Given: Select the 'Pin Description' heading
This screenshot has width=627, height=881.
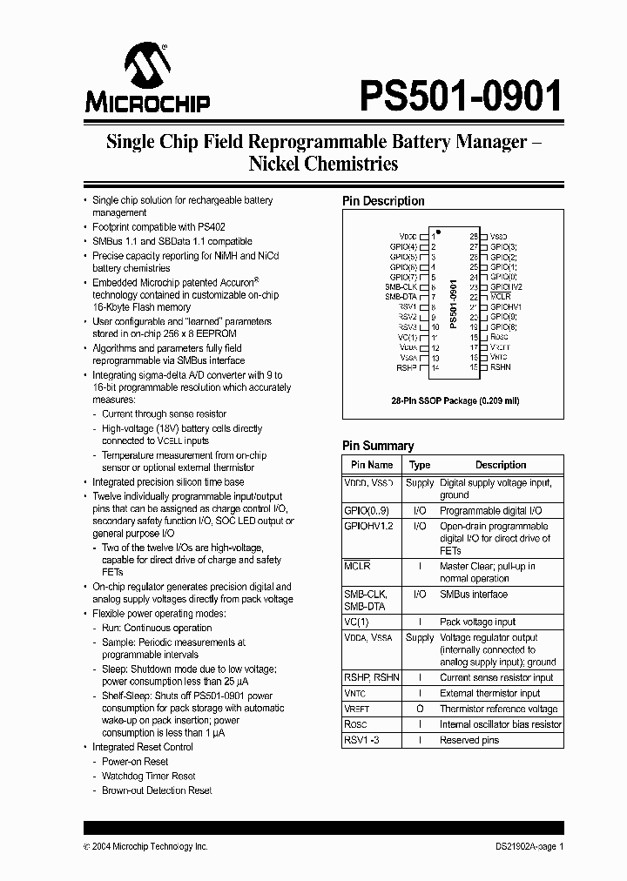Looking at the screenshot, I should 383,201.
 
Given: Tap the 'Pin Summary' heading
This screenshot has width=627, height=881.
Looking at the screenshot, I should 378,446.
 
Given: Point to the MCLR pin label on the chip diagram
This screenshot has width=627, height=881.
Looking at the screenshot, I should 500,297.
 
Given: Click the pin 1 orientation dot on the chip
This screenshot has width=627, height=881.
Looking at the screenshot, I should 439,232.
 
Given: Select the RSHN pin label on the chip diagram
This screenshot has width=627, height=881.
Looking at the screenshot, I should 501,367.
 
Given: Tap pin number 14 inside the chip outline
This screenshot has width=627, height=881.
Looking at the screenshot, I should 435,367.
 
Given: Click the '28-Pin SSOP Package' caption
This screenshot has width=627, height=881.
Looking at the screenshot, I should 452,401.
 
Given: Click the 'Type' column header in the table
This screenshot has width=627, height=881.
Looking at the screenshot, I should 420,465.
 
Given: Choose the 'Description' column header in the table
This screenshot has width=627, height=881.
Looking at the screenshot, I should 501,465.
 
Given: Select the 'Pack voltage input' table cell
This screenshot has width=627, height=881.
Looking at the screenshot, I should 477,622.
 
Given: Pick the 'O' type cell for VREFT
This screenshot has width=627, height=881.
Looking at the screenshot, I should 420,709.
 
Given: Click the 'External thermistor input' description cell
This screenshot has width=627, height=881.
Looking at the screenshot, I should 489,693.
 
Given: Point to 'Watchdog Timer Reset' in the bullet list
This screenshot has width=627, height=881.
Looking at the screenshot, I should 148,776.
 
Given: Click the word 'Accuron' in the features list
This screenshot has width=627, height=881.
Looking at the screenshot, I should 229,283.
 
